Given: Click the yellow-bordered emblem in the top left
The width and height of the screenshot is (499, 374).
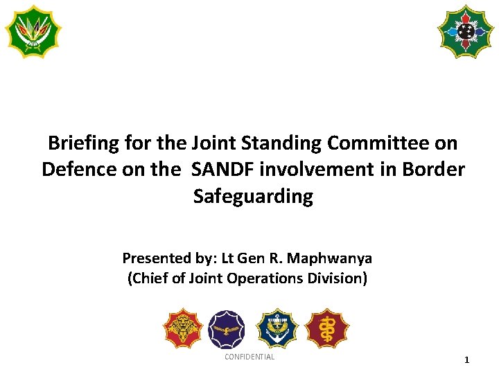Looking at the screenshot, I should [33, 31].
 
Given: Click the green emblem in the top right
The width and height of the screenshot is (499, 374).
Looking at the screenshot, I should [465, 31].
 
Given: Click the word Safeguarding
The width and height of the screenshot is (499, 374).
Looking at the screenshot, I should [253, 197].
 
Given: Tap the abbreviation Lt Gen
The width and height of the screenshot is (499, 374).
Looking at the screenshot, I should [244, 258].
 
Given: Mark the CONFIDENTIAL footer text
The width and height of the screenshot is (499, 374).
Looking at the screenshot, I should [249, 357].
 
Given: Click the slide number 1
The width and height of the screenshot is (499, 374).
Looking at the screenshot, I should [466, 360].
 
